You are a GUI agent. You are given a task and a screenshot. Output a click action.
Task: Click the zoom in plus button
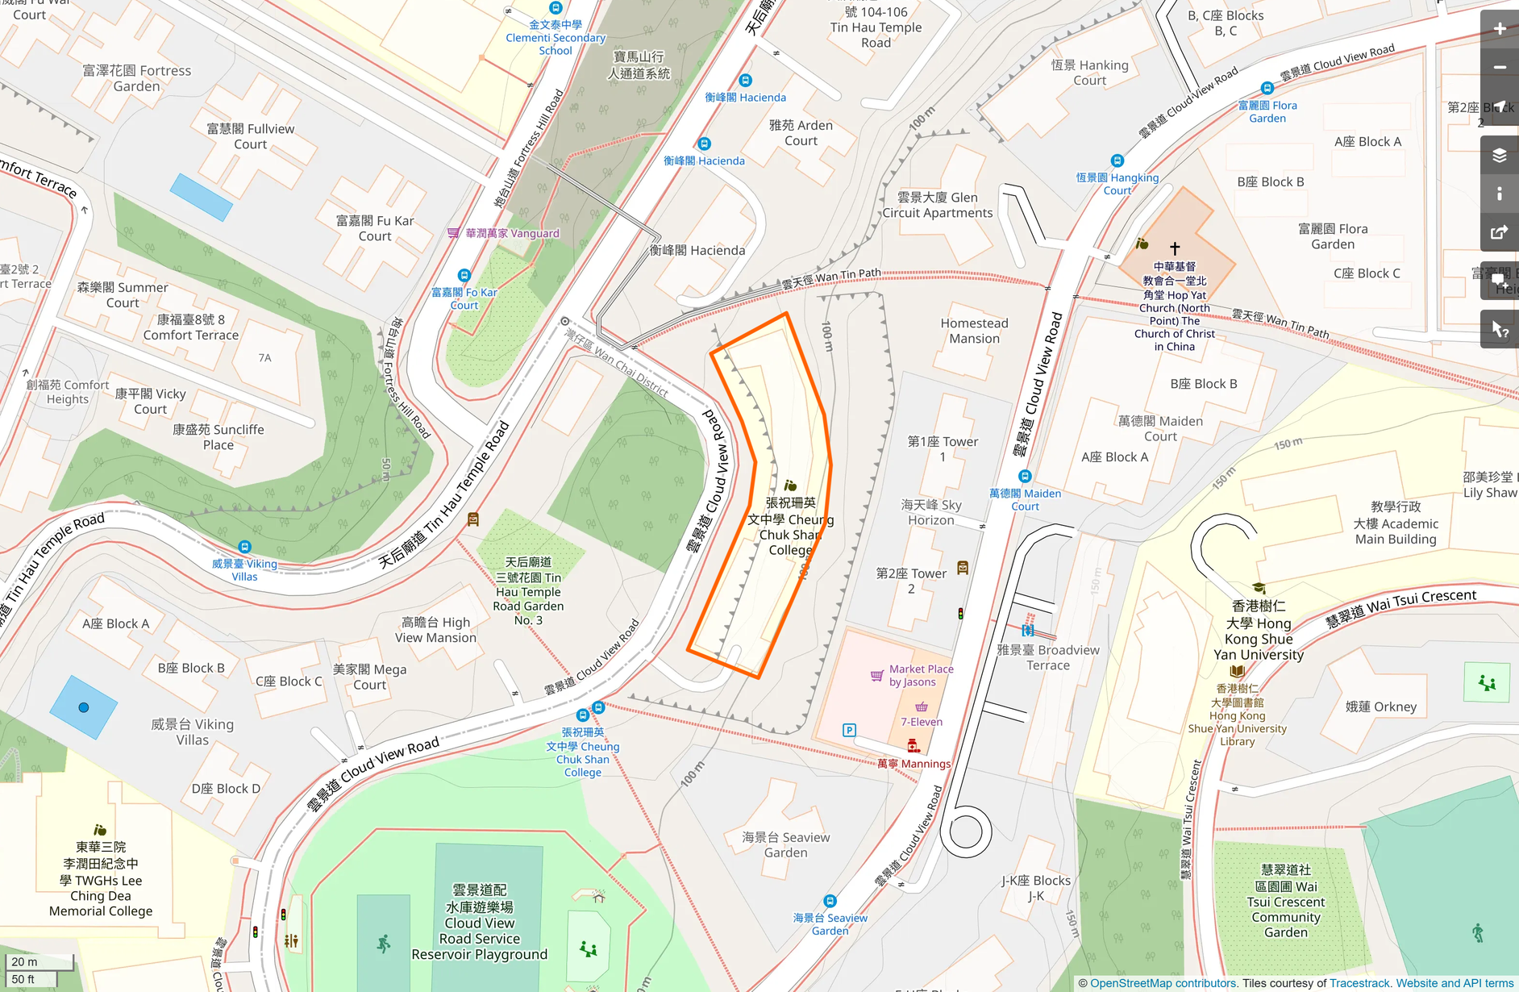pos(1500,29)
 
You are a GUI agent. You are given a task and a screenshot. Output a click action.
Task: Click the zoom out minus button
pos(1500,68)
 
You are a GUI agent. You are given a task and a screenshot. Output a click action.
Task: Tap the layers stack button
pos(1500,156)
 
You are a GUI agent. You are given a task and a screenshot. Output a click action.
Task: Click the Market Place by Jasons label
pos(921,676)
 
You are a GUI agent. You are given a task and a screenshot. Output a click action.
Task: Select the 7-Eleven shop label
pos(922,722)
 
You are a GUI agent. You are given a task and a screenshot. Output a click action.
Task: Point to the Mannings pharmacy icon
pos(913,745)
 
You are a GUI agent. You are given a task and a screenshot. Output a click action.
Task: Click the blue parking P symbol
pos(849,730)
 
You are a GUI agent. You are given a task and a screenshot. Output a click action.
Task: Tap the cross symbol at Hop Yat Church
pos(1175,248)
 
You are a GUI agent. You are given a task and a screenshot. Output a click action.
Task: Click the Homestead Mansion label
pos(974,331)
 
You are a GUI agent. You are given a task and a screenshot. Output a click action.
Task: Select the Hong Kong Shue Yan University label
pos(1259,631)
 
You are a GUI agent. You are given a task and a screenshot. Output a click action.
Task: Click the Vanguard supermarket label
pos(512,233)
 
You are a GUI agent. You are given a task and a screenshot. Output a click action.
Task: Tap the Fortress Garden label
pos(137,78)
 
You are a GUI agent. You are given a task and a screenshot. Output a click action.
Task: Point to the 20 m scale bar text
pos(24,961)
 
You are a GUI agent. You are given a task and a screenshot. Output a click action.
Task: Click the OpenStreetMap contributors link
pos(1163,983)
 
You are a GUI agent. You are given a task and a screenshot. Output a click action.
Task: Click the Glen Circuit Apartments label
pos(938,205)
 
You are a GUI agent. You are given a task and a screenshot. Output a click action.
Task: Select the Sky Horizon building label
pos(931,512)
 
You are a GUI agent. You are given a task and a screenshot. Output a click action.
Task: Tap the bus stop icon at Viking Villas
pos(244,547)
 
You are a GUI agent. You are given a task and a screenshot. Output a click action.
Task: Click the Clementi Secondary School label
pos(556,38)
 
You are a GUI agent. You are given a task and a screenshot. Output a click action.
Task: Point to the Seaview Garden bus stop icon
pos(830,901)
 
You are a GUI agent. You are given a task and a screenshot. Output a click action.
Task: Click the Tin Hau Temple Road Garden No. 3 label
pos(528,591)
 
